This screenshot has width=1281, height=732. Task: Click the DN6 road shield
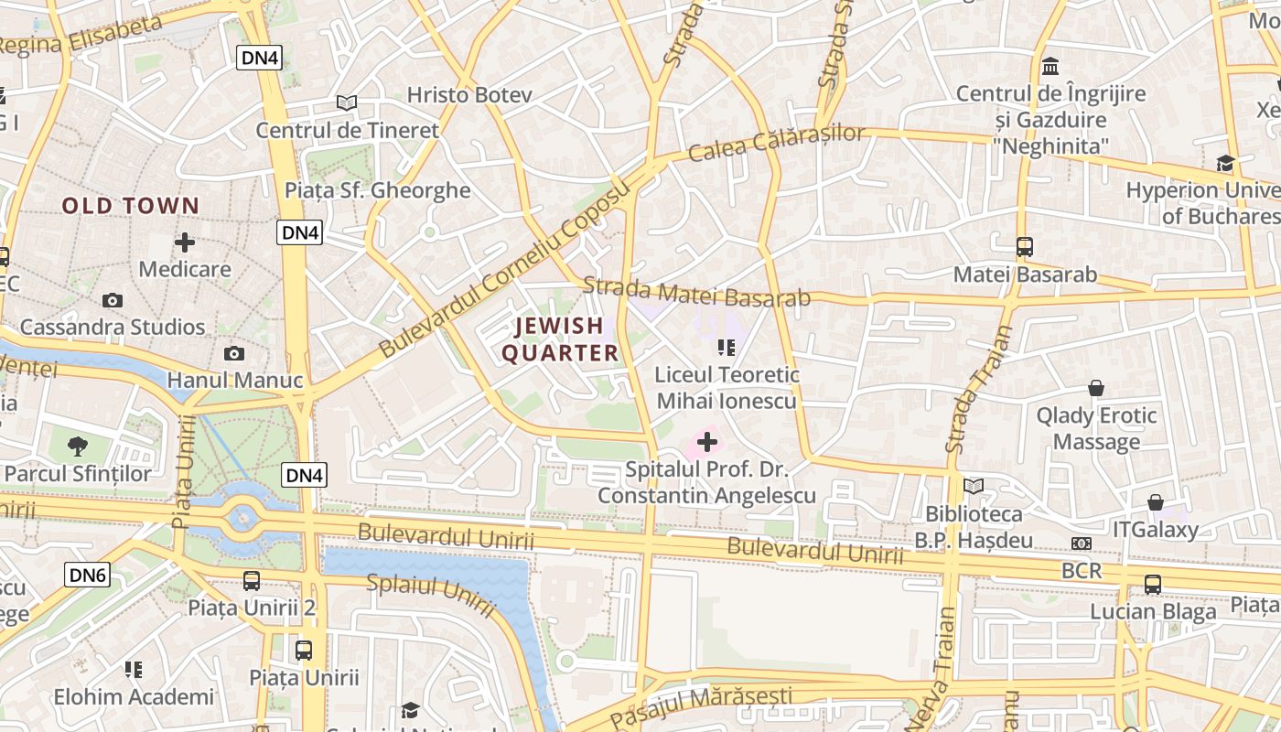tap(88, 575)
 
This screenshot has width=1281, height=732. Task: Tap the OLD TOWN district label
tap(130, 206)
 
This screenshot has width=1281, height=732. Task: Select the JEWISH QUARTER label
tap(560, 339)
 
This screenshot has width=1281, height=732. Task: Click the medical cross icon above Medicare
tap(185, 242)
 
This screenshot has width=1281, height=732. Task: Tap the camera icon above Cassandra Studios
tap(113, 300)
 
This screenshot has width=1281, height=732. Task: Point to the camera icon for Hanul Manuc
tap(234, 353)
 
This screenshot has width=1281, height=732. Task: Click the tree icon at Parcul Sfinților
tap(78, 447)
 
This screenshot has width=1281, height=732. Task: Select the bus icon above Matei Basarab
tap(1025, 246)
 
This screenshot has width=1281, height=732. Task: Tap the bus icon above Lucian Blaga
tap(1153, 584)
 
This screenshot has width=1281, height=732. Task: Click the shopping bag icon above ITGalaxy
tap(1156, 502)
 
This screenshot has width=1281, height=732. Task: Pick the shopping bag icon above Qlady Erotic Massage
tap(1095, 388)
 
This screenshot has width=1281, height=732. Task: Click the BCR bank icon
tap(1082, 544)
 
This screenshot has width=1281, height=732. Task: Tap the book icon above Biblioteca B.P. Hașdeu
tap(974, 486)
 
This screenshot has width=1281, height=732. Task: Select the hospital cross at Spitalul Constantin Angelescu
tap(706, 443)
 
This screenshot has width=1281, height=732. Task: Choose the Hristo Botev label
tap(457, 95)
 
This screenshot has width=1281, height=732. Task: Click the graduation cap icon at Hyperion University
tap(1225, 163)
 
